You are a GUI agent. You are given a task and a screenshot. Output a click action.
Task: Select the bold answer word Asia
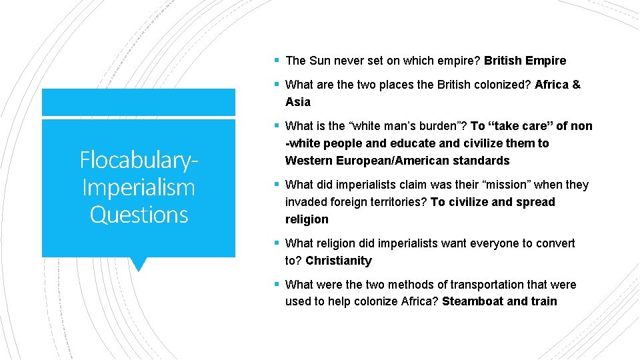pyautogui.click(x=298, y=102)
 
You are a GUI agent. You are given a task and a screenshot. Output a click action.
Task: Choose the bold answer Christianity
pyautogui.click(x=338, y=261)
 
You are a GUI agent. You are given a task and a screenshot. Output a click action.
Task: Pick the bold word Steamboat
pyautogui.click(x=473, y=301)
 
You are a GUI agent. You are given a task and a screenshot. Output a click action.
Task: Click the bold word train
pyautogui.click(x=544, y=301)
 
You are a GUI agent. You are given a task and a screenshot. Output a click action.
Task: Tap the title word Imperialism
pyautogui.click(x=139, y=187)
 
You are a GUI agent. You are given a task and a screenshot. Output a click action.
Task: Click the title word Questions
pyautogui.click(x=139, y=215)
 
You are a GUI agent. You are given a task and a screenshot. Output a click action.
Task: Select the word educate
pyautogui.click(x=396, y=143)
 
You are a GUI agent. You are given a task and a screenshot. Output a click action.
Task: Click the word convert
pyautogui.click(x=552, y=243)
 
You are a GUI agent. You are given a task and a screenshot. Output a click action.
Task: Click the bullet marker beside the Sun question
pyautogui.click(x=276, y=61)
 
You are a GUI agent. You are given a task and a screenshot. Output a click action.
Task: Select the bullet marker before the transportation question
pyautogui.click(x=276, y=285)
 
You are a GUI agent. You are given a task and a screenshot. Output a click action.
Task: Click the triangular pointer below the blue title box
pyautogui.click(x=139, y=264)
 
